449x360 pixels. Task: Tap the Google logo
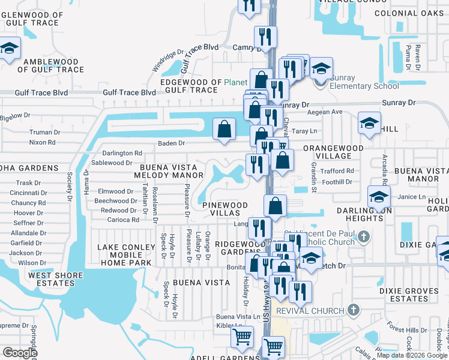[20, 353]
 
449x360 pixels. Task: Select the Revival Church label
[310, 311]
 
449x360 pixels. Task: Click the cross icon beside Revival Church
[354, 310]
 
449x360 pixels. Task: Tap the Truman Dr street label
[46, 133]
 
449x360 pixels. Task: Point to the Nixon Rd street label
[43, 143]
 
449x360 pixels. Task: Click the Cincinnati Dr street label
[28, 193]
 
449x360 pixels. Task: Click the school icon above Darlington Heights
[379, 197]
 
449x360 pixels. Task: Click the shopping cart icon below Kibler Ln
[242, 338]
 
